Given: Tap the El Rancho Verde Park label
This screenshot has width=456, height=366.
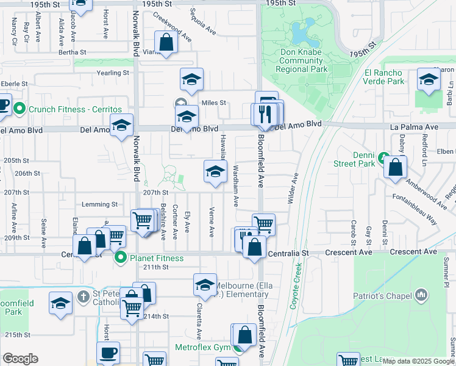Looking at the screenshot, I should click(384, 77).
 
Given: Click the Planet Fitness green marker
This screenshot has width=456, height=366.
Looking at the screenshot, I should click(121, 258).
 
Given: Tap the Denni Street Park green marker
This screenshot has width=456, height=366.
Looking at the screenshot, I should click(383, 157).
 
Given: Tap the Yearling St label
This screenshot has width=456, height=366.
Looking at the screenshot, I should click(113, 73).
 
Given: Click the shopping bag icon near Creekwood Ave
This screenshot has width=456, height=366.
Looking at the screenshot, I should click(166, 43).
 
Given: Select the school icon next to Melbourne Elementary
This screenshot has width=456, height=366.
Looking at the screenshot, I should click(205, 285).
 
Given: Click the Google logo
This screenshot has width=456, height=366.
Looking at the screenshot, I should click(20, 359).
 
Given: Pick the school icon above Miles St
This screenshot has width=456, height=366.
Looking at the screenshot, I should click(191, 79).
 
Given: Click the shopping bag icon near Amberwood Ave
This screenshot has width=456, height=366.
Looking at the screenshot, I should click(396, 168).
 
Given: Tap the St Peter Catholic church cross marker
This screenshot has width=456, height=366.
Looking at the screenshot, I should click(84, 297).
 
